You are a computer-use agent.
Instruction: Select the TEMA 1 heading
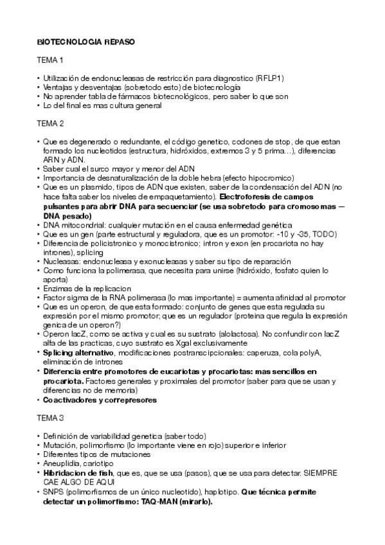pyautogui.click(x=51, y=60)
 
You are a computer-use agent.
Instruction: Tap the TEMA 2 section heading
pyautogui.click(x=51, y=123)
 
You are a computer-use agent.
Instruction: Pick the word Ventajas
pyautogui.click(x=58, y=87)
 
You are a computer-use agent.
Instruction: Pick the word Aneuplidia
pyautogui.click(x=62, y=463)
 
